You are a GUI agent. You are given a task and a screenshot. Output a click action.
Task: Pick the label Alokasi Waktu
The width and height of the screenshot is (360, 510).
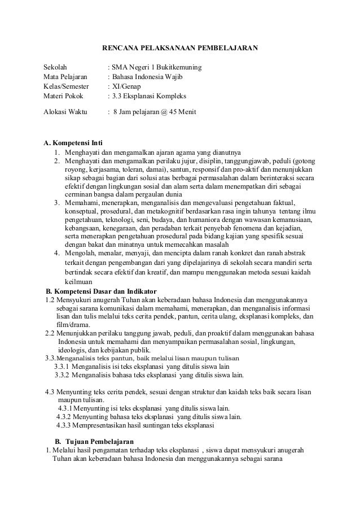(65, 112)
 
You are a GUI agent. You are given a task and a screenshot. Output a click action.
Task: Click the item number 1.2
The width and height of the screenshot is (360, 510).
(50, 300)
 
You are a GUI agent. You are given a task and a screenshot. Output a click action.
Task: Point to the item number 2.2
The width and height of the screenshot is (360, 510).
(50, 333)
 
